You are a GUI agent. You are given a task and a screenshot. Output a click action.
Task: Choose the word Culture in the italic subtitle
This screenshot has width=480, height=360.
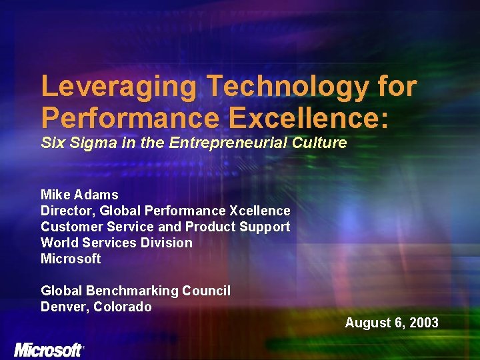tap(323, 143)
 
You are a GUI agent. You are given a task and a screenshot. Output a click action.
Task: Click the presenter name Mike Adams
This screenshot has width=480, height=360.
tap(79, 195)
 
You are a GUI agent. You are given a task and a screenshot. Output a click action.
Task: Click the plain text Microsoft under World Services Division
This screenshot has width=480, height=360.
tap(71, 259)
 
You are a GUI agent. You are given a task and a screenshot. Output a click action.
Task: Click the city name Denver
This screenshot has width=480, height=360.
tap(64, 307)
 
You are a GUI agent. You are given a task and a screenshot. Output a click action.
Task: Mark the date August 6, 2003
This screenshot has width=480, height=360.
tap(391, 323)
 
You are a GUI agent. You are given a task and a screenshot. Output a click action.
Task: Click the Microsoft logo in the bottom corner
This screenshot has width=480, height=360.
tap(49, 349)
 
